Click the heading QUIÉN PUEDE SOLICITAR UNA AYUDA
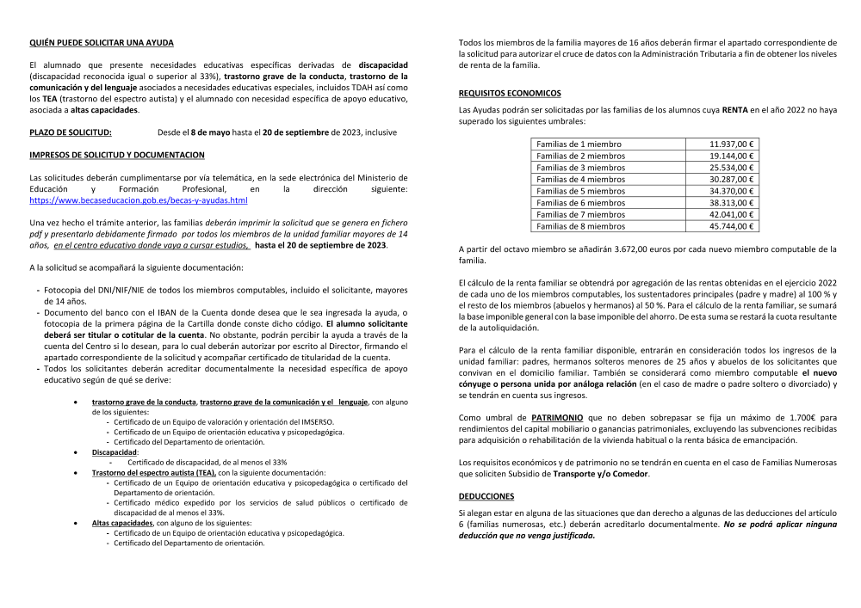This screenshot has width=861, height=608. click(x=102, y=42)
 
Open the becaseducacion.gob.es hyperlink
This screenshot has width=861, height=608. click(x=139, y=200)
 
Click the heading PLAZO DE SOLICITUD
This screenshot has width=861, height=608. click(x=71, y=132)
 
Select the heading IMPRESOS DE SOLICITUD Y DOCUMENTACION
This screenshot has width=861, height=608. click(x=117, y=155)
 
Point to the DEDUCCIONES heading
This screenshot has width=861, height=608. click(x=486, y=496)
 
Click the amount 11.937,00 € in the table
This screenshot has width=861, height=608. click(x=731, y=144)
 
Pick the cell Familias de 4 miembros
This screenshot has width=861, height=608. click(x=580, y=180)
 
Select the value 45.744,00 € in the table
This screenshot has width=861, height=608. click(x=731, y=226)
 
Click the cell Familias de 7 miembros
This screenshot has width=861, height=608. click(x=580, y=214)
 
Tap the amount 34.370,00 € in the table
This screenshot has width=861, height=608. click(x=731, y=191)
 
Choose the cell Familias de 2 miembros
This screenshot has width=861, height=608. click(x=580, y=156)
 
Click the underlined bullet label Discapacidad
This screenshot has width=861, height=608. click(x=115, y=451)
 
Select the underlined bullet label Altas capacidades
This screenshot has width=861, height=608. click(x=122, y=522)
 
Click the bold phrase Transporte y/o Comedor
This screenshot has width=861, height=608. click(x=601, y=474)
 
